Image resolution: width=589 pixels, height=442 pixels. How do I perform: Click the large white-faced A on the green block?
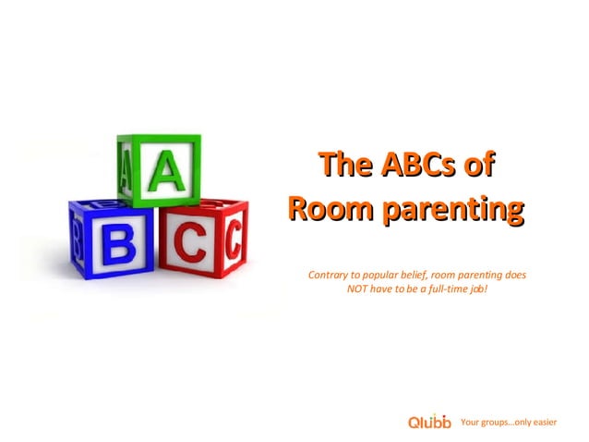coord(166,173)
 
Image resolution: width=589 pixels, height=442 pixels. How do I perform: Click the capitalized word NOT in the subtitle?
coord(357,290)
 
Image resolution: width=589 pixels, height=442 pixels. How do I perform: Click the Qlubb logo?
coord(429,423)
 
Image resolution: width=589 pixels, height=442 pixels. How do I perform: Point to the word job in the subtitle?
coord(477,290)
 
